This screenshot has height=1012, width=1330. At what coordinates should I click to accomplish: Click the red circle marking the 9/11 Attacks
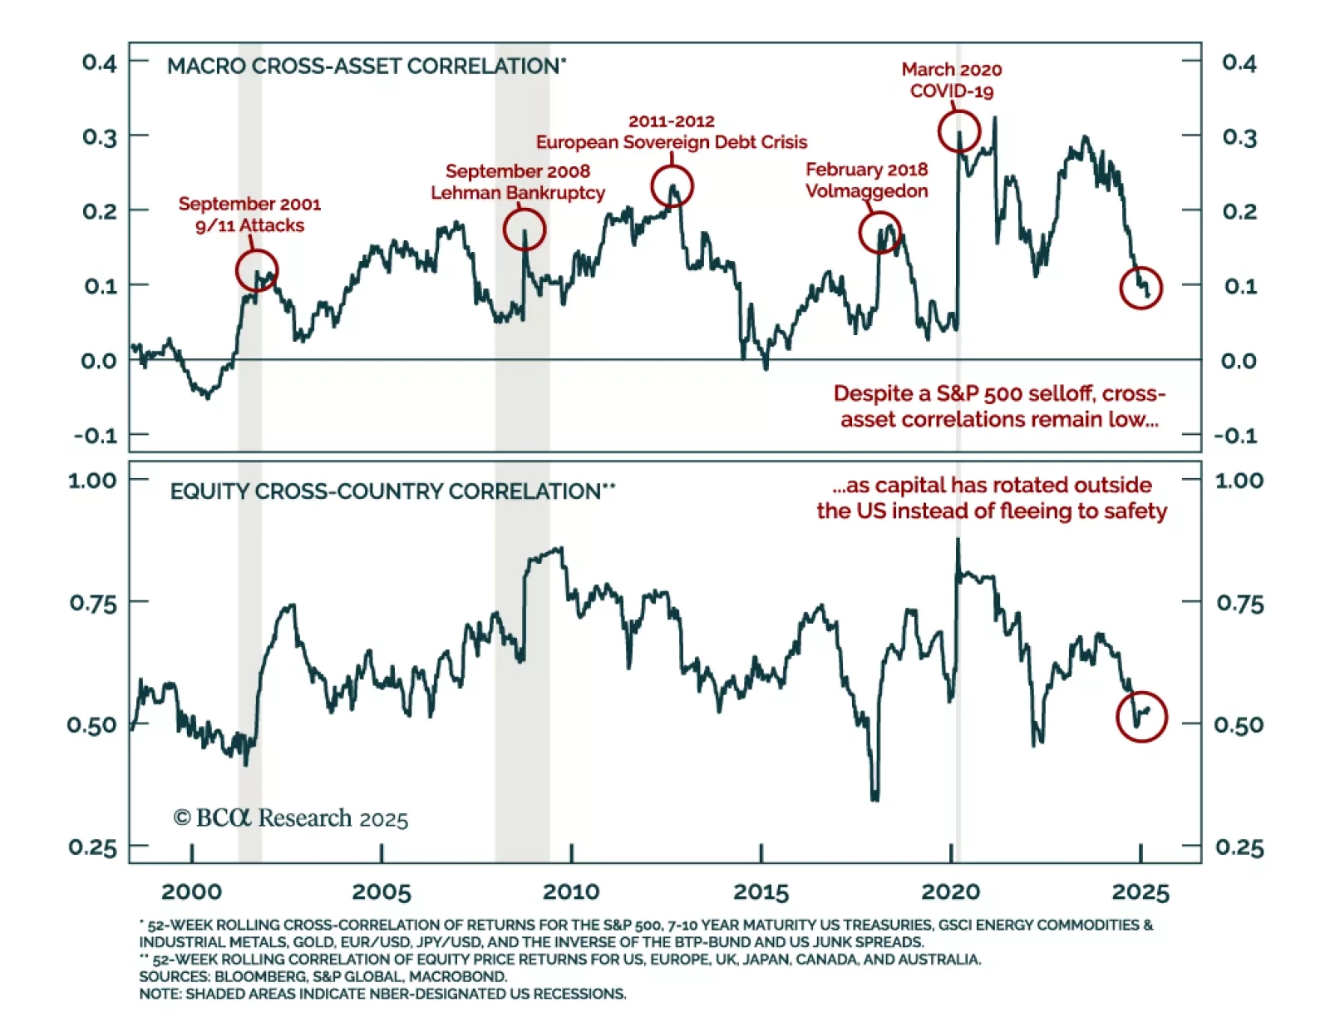257,270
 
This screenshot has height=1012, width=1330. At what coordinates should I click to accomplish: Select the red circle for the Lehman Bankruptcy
525,230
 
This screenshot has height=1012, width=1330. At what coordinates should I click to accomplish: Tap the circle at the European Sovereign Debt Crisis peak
672,186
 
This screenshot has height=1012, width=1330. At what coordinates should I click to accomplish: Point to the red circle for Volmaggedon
879,233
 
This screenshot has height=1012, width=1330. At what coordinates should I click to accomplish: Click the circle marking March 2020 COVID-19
959,131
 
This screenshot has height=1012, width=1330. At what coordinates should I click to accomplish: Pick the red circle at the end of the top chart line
1140,289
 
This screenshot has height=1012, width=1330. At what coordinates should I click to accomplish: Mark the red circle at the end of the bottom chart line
1142,717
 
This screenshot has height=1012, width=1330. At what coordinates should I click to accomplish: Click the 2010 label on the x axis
571,892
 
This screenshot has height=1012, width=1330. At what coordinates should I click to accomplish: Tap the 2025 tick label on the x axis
1140,892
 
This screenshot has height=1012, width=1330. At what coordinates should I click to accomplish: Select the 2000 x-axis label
191,892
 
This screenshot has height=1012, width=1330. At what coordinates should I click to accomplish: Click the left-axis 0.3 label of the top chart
100,137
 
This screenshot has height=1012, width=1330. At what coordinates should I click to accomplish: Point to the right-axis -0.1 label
1236,436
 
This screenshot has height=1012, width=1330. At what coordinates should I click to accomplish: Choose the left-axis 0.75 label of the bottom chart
93,603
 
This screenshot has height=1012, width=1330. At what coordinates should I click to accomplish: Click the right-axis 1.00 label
1239,481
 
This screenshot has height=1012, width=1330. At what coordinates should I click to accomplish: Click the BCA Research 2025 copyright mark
291,818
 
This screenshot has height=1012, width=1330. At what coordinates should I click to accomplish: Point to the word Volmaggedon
867,191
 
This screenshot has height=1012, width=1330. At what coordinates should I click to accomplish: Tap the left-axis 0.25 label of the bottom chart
93,847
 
